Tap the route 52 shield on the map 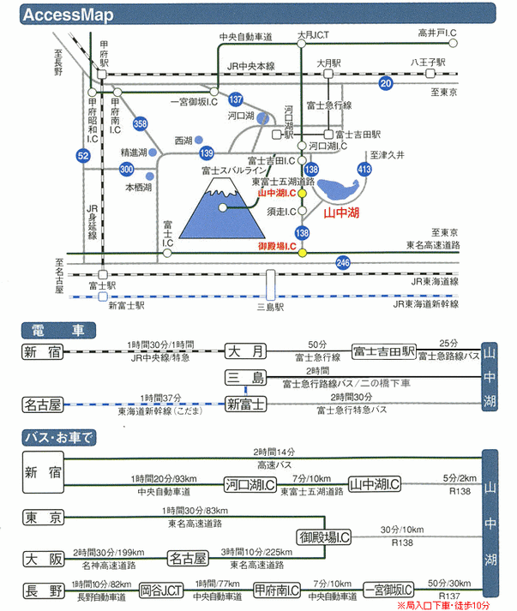click(83, 156)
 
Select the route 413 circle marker click(364, 171)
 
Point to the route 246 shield click(342, 262)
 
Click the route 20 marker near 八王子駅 click(387, 83)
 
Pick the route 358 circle click(141, 124)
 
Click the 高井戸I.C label click(436, 33)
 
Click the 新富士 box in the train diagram click(244, 403)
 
